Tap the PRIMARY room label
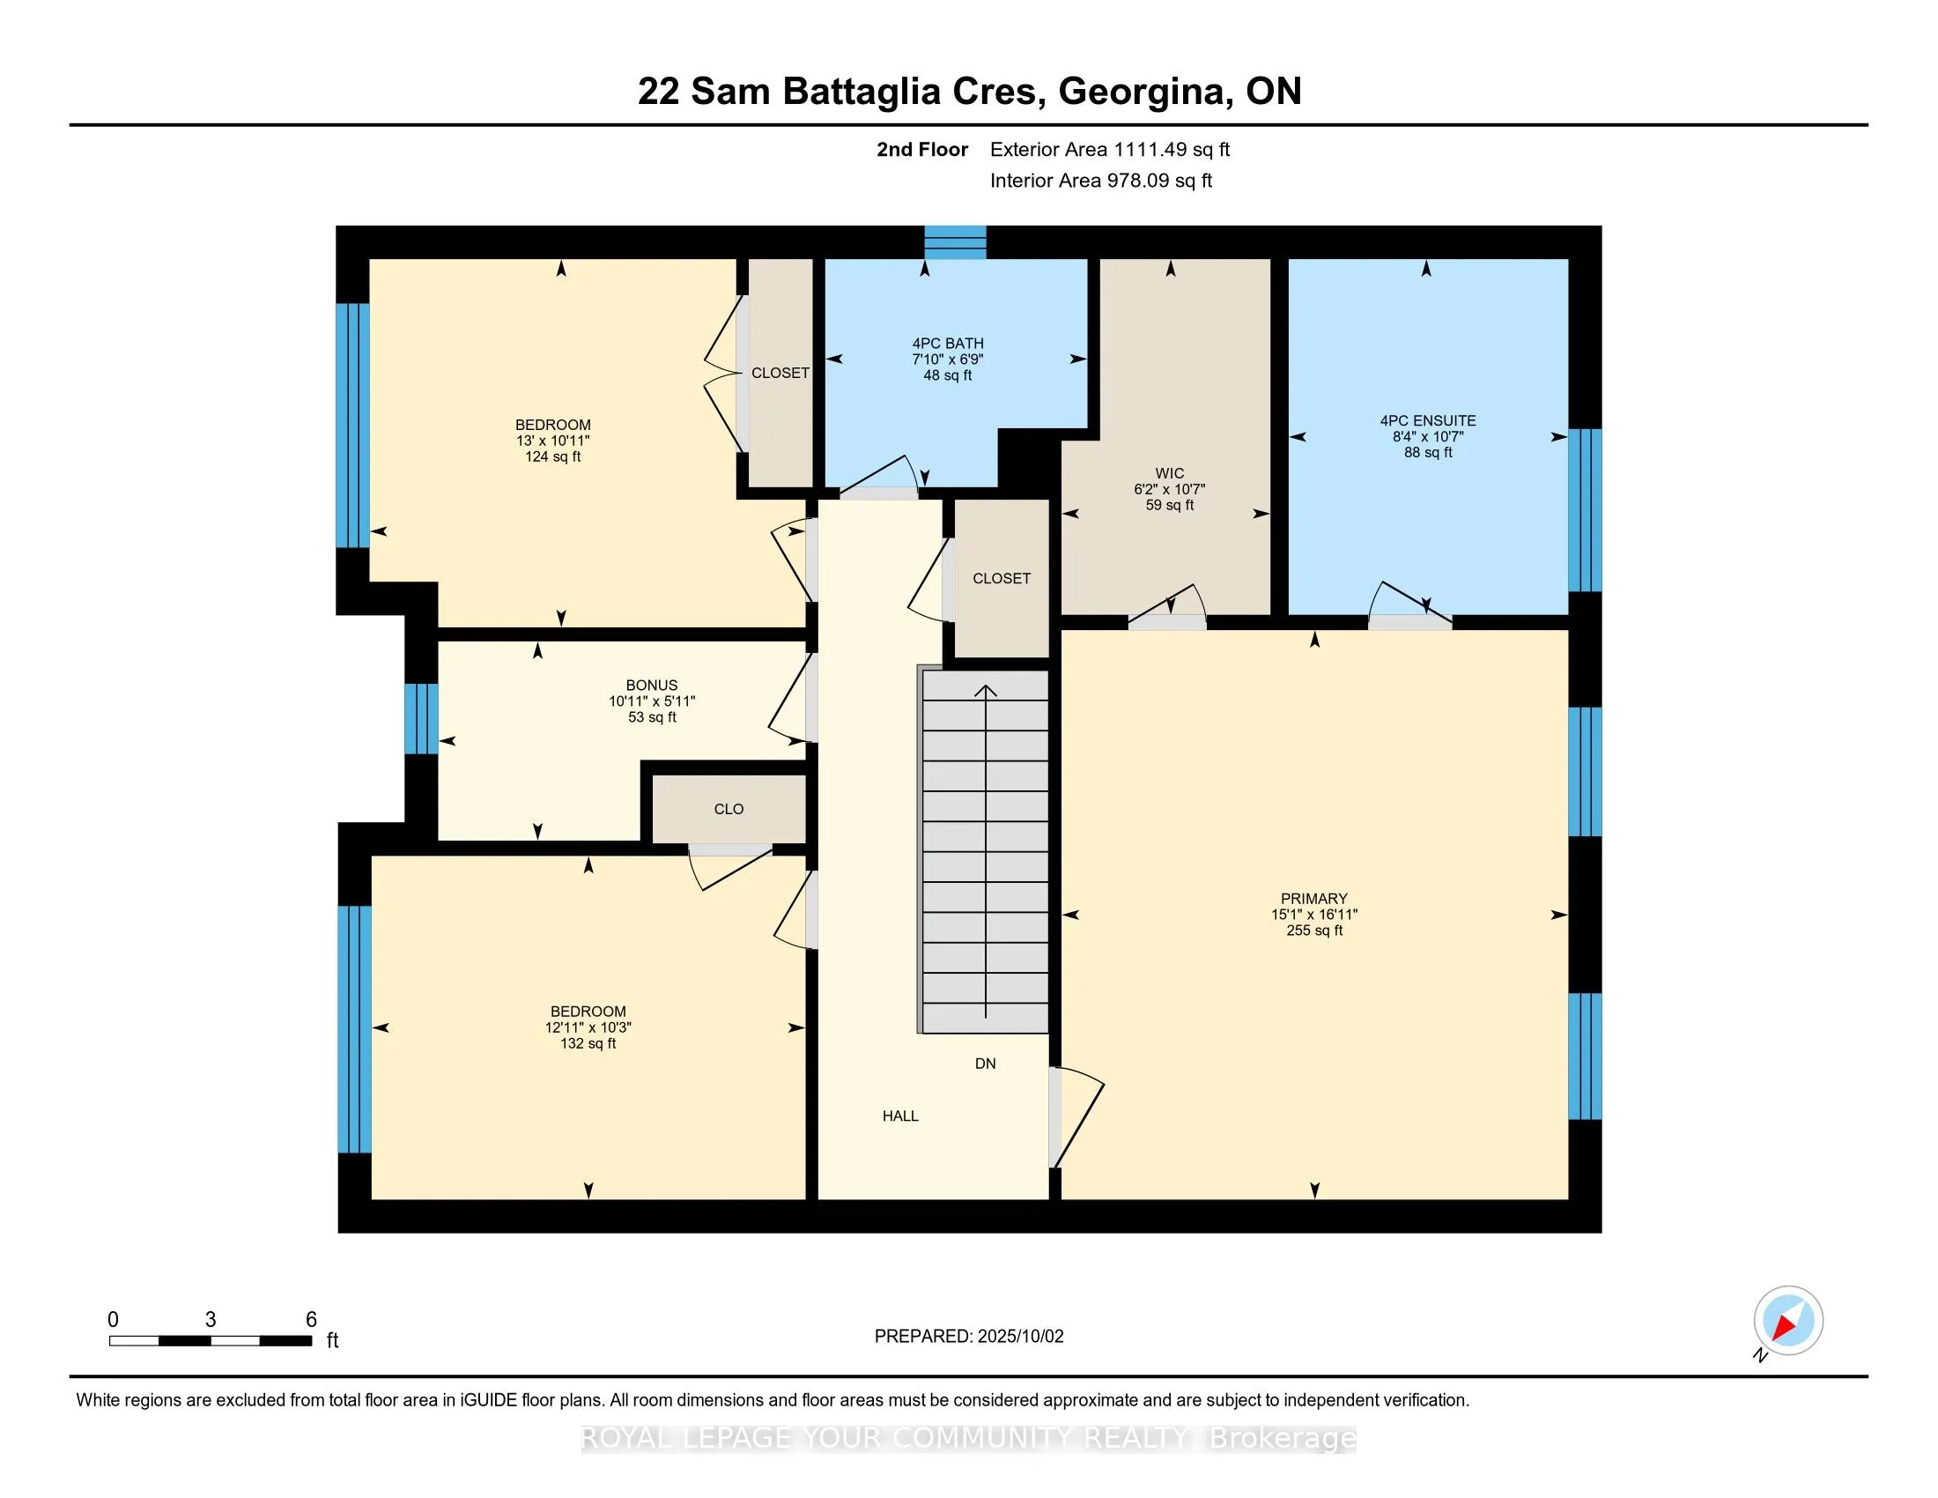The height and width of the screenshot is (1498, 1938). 1314,899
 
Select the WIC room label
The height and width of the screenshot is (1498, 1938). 1170,474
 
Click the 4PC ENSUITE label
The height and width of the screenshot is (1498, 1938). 1428,420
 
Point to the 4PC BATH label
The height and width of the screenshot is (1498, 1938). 948,344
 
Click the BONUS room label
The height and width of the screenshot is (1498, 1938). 652,685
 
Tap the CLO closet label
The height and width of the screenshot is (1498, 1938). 729,809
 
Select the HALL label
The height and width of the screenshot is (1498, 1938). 899,1116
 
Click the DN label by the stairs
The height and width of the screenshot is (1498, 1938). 985,1064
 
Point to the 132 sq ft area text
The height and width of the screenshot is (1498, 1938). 588,1043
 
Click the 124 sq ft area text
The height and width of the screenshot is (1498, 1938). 553,457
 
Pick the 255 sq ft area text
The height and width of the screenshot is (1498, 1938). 1314,931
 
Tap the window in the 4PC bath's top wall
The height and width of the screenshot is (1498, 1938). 956,242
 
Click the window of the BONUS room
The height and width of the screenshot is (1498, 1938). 421,719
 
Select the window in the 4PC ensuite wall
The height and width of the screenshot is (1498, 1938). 1585,510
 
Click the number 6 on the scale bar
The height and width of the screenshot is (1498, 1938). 312,1320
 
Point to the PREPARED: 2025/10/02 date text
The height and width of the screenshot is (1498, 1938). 969,1337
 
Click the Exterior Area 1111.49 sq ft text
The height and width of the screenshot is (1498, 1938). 1110,150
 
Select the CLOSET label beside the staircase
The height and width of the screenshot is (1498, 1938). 1002,579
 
